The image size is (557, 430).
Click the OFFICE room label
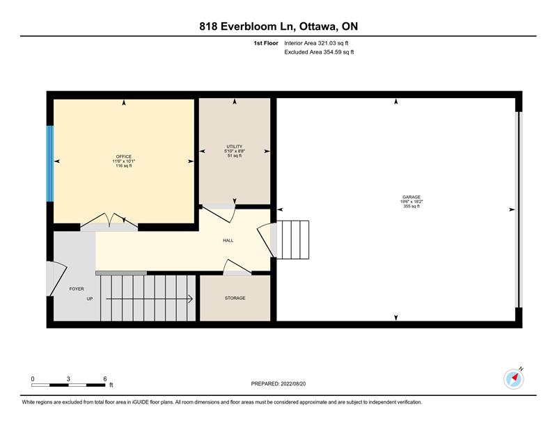click(124, 157)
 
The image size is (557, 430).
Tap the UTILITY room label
click(235, 147)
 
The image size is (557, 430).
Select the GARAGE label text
click(411, 197)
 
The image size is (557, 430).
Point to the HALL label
click(228, 240)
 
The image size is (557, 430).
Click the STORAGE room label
click(235, 298)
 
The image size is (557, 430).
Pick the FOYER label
click(77, 289)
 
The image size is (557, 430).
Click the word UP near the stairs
click(90, 299)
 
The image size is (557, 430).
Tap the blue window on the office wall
click(50, 164)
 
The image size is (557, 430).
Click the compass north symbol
click(514, 379)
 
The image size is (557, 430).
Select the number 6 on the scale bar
click(105, 379)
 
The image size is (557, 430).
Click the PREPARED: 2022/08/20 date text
click(278, 384)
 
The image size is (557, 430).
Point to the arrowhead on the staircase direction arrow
click(190, 299)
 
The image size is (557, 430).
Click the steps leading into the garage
click(292, 239)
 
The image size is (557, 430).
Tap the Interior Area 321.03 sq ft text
click(316, 43)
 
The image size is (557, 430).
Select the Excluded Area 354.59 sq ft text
click(319, 52)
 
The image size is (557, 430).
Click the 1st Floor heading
click(266, 43)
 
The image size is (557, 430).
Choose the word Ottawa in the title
click(318, 26)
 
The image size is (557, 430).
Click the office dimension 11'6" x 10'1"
click(124, 161)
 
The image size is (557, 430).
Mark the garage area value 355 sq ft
click(411, 206)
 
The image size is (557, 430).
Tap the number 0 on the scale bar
click(33, 379)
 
